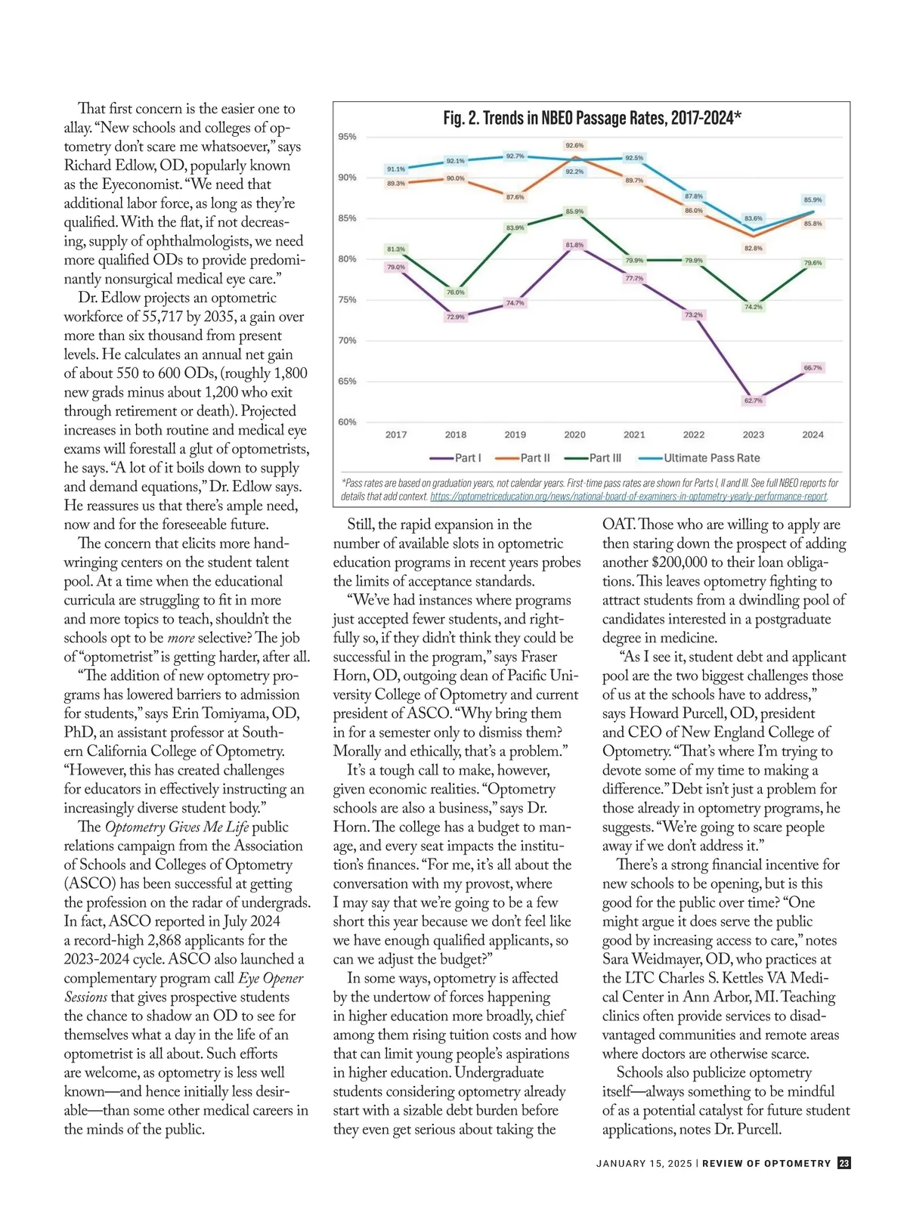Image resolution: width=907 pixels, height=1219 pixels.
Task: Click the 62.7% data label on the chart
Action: [753, 401]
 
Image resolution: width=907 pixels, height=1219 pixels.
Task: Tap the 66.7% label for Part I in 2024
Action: [813, 368]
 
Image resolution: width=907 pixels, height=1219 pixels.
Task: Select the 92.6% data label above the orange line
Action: [574, 145]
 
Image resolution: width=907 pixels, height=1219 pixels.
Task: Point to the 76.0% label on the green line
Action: [456, 292]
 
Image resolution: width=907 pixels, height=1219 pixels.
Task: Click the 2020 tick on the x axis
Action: [574, 435]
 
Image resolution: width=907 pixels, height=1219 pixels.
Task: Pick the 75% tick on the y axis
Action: [347, 300]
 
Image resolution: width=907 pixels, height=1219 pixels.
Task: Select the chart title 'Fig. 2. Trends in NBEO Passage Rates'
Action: [591, 118]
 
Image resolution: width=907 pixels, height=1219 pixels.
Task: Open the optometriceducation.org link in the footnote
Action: [628, 497]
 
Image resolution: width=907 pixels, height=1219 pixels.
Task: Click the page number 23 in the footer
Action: [844, 1163]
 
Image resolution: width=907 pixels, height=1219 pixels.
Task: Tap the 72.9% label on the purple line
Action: [456, 317]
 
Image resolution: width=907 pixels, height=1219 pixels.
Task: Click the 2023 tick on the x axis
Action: [753, 435]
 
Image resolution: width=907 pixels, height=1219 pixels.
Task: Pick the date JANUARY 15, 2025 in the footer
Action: [643, 1164]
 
